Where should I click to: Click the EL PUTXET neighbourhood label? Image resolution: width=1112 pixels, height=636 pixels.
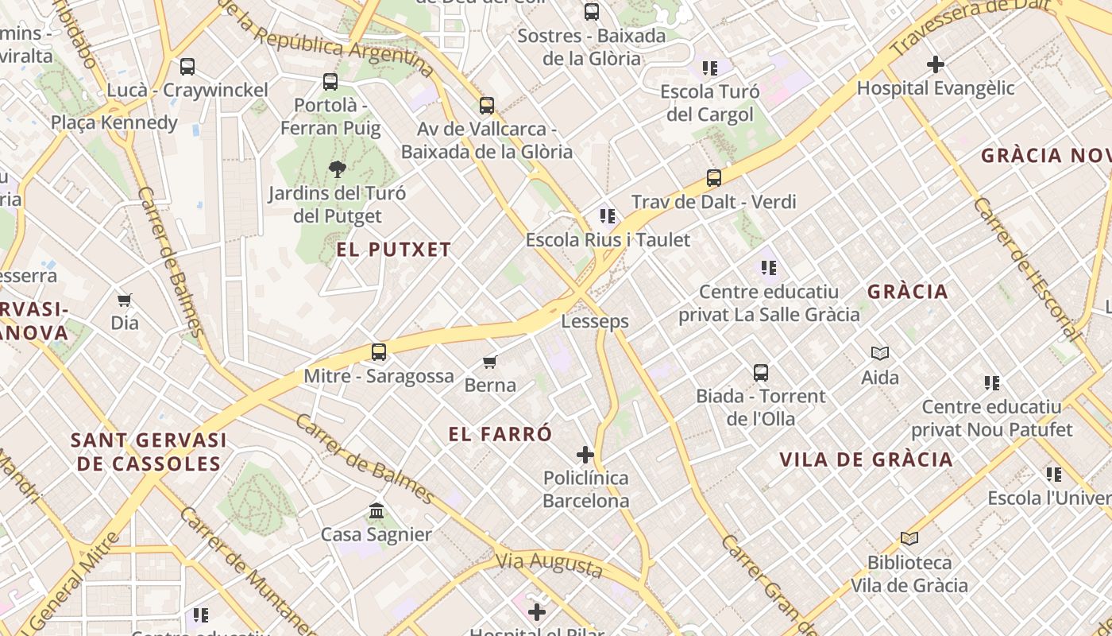coord(393,250)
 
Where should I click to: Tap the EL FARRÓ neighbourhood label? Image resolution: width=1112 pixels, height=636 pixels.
coord(500,434)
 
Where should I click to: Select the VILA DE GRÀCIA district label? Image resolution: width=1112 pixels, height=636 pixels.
coord(866,460)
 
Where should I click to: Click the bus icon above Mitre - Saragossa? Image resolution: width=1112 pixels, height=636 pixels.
coord(379,351)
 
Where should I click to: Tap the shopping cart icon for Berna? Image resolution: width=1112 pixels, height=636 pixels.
coord(490,363)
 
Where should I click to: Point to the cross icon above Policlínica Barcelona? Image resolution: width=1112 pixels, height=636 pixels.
coord(585,455)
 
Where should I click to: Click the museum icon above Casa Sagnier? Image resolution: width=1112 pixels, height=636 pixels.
coord(376,510)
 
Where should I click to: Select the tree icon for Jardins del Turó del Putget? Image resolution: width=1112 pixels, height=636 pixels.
coord(337,169)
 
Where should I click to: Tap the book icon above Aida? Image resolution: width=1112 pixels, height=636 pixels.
coord(880,353)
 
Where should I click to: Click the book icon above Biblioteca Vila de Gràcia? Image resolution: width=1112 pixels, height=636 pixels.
coord(909,538)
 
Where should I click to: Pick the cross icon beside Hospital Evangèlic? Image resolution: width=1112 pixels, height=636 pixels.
coord(936,64)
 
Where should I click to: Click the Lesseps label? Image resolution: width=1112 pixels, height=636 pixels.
coord(595,321)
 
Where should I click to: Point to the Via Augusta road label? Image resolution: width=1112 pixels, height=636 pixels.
coord(549,564)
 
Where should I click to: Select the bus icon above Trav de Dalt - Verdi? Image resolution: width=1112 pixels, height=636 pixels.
coord(714,178)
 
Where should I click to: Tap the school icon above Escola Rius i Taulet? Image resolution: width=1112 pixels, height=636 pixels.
coord(608,215)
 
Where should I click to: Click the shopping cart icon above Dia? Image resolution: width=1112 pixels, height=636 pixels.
coord(124,300)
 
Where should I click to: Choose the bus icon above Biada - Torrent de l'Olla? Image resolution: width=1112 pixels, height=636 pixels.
coord(761,372)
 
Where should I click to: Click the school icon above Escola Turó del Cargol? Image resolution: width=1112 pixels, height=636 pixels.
coord(709,68)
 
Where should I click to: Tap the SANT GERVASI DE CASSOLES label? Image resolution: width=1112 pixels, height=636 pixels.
coord(149,452)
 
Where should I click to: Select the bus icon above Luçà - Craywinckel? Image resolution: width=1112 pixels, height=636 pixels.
coord(187,67)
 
